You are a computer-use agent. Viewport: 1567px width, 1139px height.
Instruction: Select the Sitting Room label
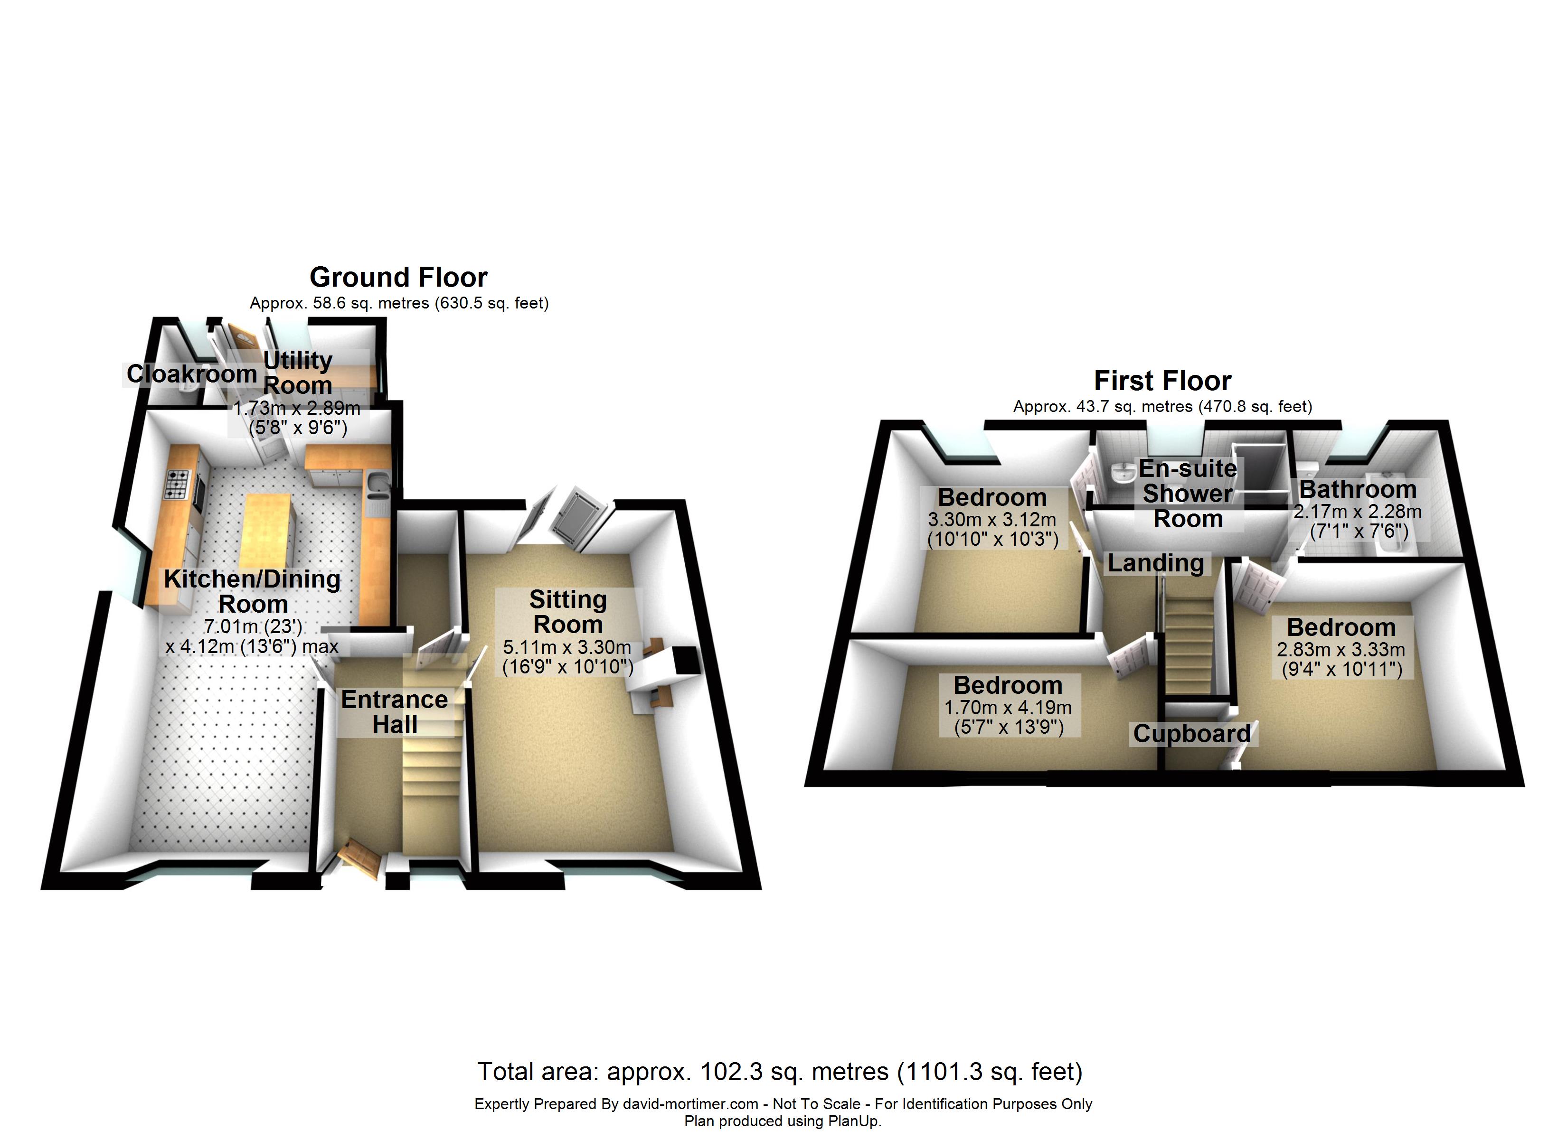pyautogui.click(x=568, y=612)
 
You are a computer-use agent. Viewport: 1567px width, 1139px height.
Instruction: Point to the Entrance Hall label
pyautogui.click(x=395, y=712)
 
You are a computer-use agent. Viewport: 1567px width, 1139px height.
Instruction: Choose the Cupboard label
pyautogui.click(x=1192, y=734)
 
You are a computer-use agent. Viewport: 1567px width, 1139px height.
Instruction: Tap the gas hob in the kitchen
pyautogui.click(x=176, y=484)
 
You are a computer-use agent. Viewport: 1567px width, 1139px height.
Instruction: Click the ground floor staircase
pyautogui.click(x=431, y=781)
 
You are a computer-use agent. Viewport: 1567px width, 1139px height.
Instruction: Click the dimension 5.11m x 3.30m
pyautogui.click(x=566, y=648)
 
